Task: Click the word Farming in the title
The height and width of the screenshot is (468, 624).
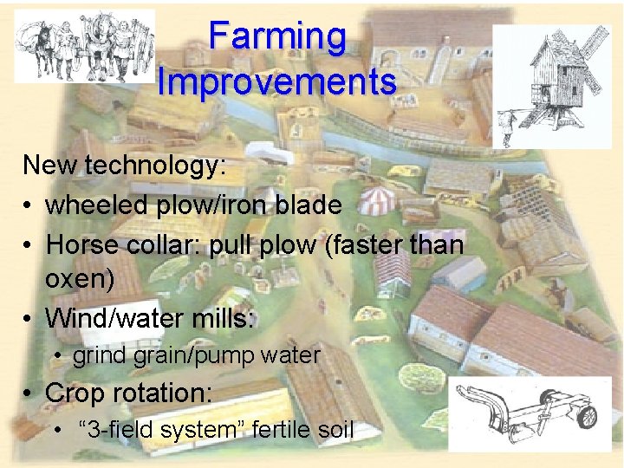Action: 277,37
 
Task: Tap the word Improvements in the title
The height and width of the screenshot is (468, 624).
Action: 277,82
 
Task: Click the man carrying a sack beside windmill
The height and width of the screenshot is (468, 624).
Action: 507,121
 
